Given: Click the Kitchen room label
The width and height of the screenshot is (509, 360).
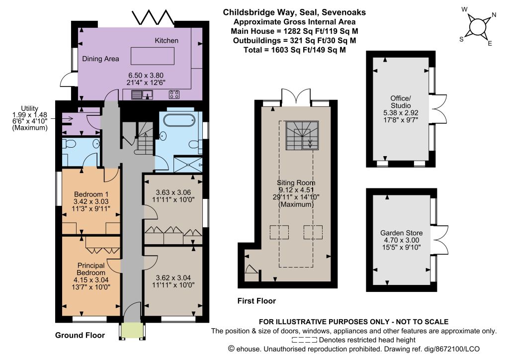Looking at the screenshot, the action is [x=167, y=41].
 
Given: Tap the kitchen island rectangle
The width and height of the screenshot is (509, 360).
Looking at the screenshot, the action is [x=153, y=56].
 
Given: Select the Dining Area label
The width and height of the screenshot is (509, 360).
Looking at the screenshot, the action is [x=100, y=59].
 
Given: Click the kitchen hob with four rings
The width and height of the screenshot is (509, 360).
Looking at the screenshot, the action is [x=174, y=94].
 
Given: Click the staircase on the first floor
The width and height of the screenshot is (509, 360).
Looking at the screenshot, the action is [x=302, y=135].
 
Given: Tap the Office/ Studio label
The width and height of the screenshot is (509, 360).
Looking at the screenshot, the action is [x=401, y=102].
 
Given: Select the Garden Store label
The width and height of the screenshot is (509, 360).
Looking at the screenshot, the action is [x=401, y=233].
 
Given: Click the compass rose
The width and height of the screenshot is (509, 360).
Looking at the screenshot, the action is [x=477, y=27].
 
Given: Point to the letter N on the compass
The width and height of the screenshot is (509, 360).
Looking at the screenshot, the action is [x=494, y=14].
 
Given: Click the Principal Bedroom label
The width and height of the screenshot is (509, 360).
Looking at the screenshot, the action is [x=91, y=269].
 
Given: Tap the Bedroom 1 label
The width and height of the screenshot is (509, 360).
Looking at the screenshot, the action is [x=91, y=194].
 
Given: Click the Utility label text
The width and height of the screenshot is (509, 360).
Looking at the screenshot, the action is [x=29, y=108].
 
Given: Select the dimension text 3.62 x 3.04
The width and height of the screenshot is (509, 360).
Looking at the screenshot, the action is [x=173, y=278].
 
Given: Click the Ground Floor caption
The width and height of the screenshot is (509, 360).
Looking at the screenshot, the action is [x=80, y=335].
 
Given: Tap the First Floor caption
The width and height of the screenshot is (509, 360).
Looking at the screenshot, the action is [x=256, y=301].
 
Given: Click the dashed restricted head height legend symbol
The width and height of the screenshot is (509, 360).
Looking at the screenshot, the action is [x=304, y=340].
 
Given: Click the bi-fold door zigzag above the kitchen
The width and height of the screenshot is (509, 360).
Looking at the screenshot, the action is [x=153, y=17].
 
